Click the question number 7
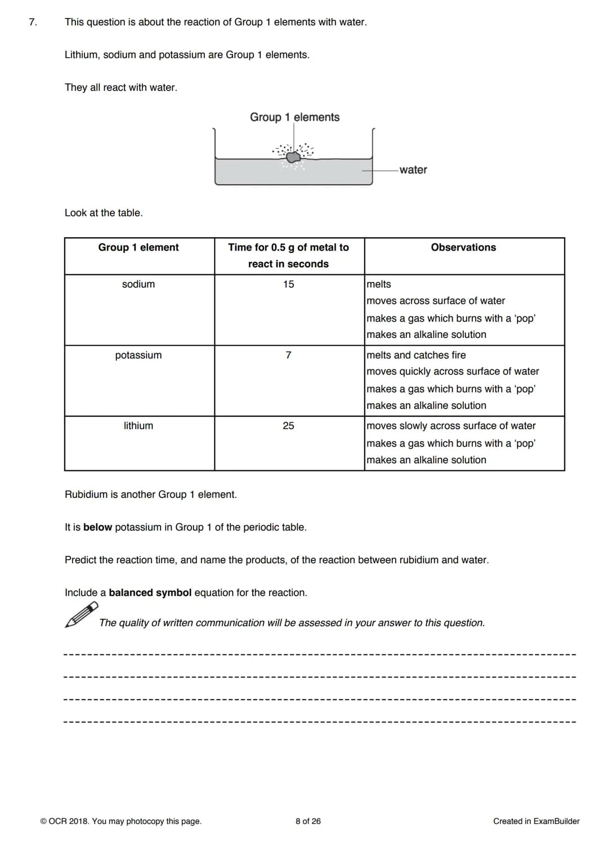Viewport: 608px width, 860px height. [x=33, y=23]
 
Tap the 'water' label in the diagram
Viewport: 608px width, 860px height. [x=413, y=170]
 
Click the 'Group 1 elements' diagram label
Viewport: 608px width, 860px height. [x=294, y=117]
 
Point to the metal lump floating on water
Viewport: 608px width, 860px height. [x=293, y=157]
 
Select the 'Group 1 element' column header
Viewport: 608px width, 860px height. [x=138, y=247]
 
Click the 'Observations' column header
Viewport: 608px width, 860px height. [x=463, y=247]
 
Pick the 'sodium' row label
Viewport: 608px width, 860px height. [x=138, y=284]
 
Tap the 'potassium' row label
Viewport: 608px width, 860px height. [x=138, y=355]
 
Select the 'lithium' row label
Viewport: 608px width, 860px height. [x=138, y=426]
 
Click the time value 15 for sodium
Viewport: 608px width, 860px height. [x=288, y=284]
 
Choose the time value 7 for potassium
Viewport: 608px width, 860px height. [x=288, y=355]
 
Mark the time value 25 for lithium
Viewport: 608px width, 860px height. [x=288, y=426]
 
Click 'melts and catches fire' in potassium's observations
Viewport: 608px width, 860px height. [x=416, y=355]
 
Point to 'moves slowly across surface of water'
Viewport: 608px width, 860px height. [x=451, y=426]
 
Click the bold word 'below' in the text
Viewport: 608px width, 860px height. [x=97, y=527]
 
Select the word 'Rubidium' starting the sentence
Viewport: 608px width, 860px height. [x=86, y=494]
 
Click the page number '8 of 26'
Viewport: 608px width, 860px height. [x=308, y=821]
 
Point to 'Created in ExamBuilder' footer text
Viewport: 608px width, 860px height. [x=536, y=821]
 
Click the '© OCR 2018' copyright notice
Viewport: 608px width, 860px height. [x=120, y=821]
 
